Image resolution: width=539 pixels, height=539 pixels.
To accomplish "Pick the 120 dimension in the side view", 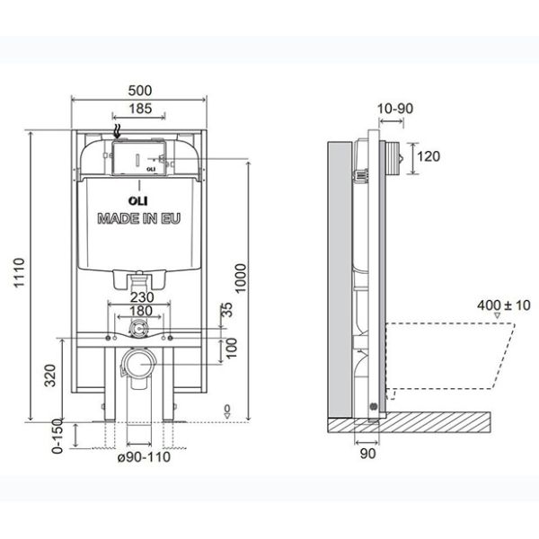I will (x=429, y=157).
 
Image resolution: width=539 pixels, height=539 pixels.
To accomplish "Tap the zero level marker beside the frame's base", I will (x=228, y=411).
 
